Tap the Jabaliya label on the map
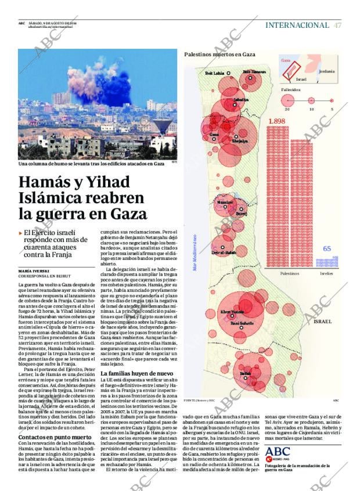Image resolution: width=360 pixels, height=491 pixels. pyautogui.click(x=241, y=100)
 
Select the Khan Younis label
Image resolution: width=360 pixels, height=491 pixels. pyautogui.click(x=232, y=312)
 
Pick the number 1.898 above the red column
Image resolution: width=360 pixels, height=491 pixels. pyautogui.click(x=278, y=121)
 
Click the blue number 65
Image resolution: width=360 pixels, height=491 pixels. pyautogui.click(x=327, y=249)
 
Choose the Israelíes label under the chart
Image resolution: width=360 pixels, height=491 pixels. pyautogui.click(x=327, y=273)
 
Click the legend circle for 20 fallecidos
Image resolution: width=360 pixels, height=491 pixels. pyautogui.click(x=287, y=100)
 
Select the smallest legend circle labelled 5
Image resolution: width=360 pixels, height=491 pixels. pyautogui.click(x=332, y=100)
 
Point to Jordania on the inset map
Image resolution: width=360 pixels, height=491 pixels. pyautogui.click(x=326, y=71)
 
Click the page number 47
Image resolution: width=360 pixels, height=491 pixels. pyautogui.click(x=337, y=25)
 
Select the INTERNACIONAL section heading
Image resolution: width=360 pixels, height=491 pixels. pyautogui.click(x=297, y=25)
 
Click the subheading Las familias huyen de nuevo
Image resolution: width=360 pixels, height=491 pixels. pyautogui.click(x=136, y=373)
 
